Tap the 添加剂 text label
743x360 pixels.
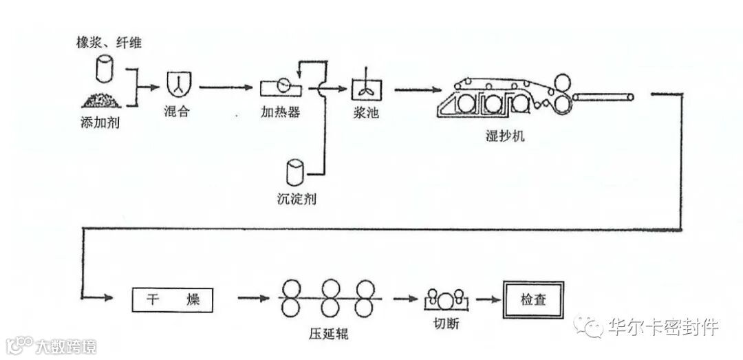(x=100, y=123)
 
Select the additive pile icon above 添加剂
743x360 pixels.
(x=103, y=100)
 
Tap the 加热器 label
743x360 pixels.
(x=280, y=112)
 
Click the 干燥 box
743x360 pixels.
(x=171, y=299)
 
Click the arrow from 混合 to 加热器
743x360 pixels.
(x=226, y=87)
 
